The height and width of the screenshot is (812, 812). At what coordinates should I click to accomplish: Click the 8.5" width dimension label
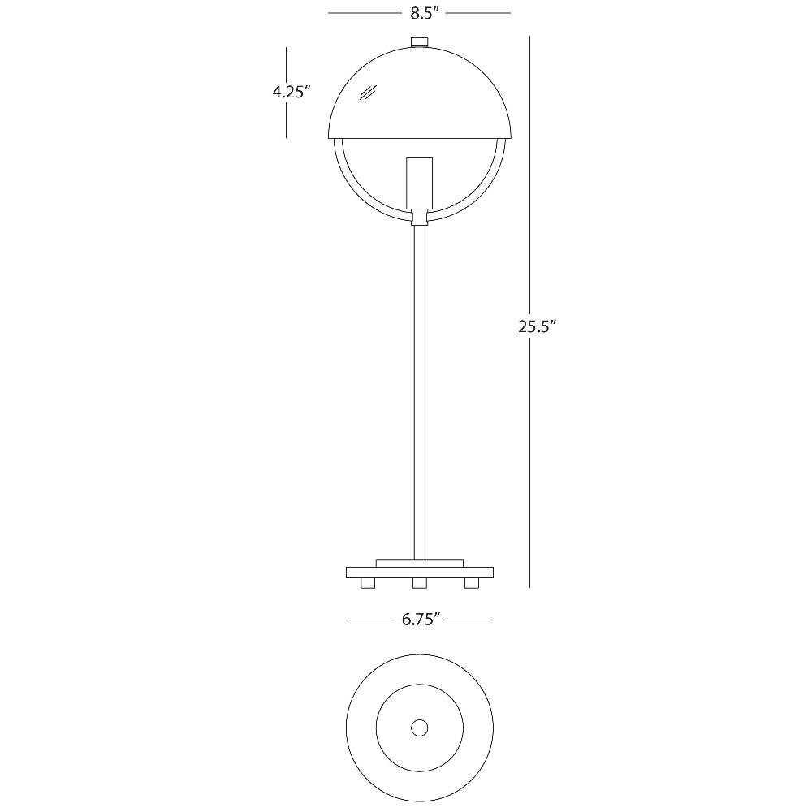click(425, 14)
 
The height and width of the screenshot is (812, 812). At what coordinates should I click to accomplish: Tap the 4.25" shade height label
click(291, 93)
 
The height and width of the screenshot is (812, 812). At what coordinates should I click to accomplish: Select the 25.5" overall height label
click(537, 326)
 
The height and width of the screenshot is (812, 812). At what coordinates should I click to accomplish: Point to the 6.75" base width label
click(421, 620)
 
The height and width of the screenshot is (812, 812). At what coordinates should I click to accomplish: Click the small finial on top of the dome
click(420, 42)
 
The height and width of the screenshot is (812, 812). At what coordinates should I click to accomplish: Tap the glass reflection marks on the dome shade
click(368, 93)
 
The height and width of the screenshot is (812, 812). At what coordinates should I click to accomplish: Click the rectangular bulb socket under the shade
click(420, 183)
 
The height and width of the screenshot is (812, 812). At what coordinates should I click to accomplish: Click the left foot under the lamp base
click(368, 583)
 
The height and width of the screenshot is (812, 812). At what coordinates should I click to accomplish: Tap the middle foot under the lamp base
click(420, 583)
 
